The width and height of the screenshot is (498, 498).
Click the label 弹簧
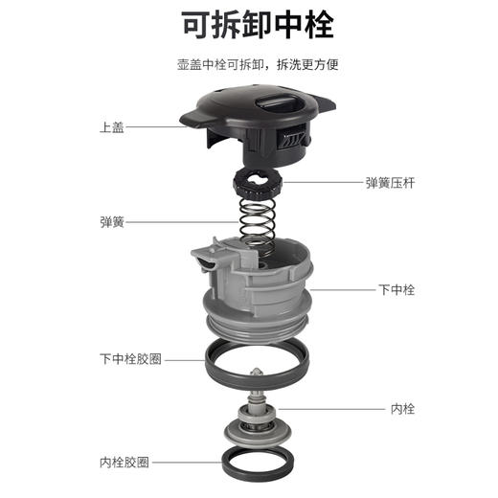(112, 221)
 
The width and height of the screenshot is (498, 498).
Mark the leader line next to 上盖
(153, 127)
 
